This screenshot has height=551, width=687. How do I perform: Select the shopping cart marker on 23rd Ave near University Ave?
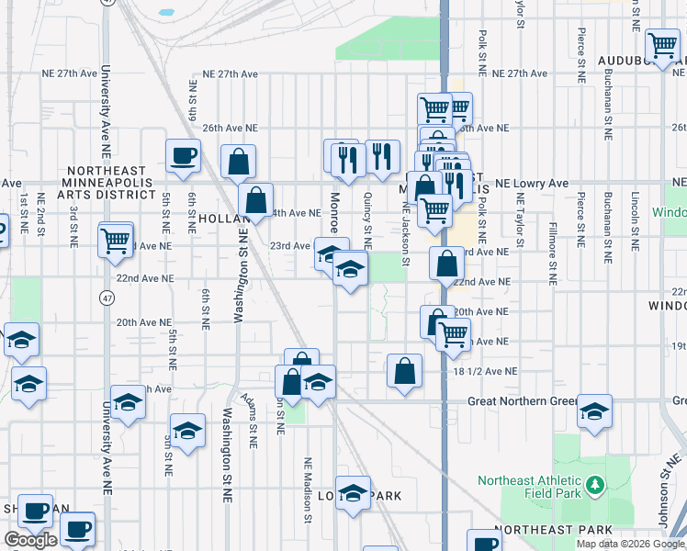116,240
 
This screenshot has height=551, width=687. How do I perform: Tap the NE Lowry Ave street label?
532,184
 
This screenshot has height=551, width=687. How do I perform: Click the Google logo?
30,540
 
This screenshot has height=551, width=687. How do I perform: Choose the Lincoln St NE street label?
635,221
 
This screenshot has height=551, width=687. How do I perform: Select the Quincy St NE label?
367,220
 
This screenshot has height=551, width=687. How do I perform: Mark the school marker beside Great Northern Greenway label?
594,412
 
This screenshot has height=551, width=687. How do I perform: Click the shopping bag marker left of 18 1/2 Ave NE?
404,371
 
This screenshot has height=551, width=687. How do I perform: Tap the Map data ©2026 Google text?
630,544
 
